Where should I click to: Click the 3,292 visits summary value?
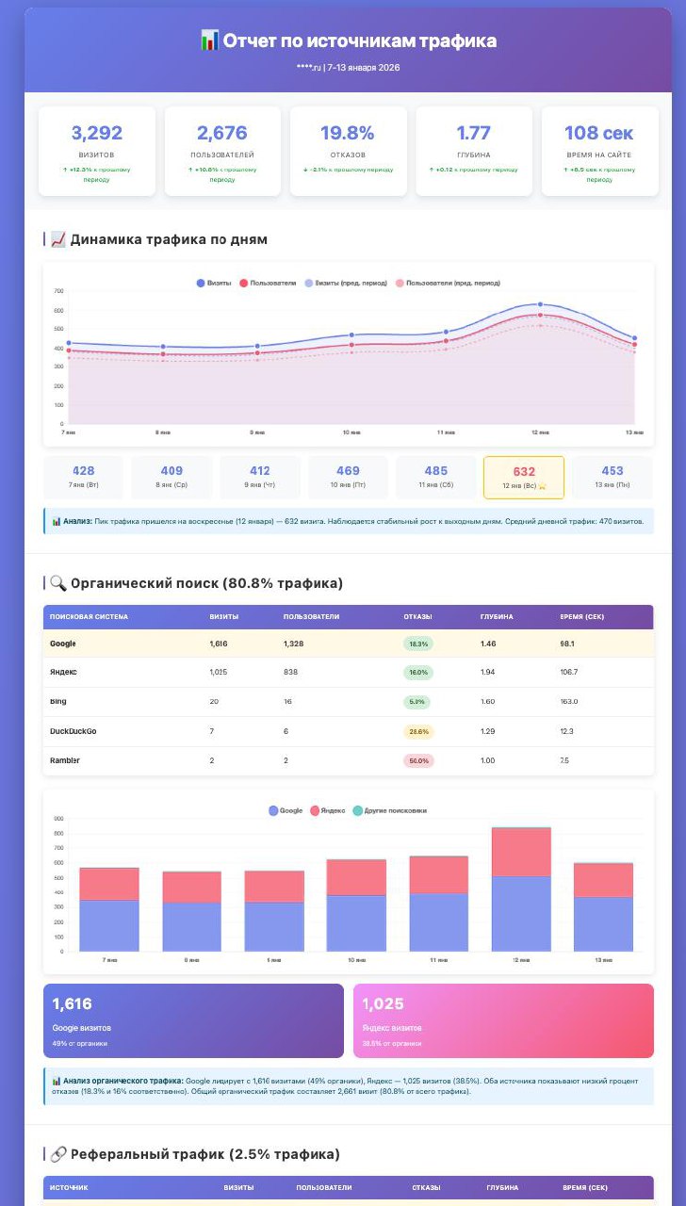click(97, 133)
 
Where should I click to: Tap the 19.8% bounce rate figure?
click(348, 133)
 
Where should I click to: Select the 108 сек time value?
click(598, 133)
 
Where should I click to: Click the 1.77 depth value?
click(473, 133)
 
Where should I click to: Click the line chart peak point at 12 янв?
click(540, 304)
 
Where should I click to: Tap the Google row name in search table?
click(62, 644)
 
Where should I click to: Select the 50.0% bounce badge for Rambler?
click(418, 760)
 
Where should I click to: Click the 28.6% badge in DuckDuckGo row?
click(418, 731)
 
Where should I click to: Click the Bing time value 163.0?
click(569, 702)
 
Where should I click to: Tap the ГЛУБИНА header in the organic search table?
click(497, 617)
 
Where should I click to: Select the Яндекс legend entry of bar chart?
click(328, 810)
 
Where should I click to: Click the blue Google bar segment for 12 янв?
click(521, 913)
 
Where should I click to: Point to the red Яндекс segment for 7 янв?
click(109, 884)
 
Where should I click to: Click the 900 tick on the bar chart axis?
click(58, 819)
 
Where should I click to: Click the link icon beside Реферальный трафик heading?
click(55, 1154)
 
